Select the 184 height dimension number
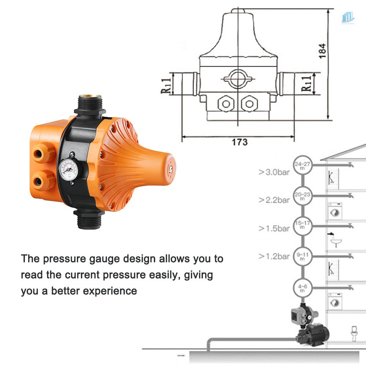[322, 51]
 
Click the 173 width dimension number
[240, 142]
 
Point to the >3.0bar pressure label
[274, 172]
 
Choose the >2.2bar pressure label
[274, 200]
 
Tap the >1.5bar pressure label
[274, 228]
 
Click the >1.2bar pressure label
[274, 256]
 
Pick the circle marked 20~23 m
[303, 197]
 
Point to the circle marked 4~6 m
[303, 288]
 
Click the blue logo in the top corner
[348, 17]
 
